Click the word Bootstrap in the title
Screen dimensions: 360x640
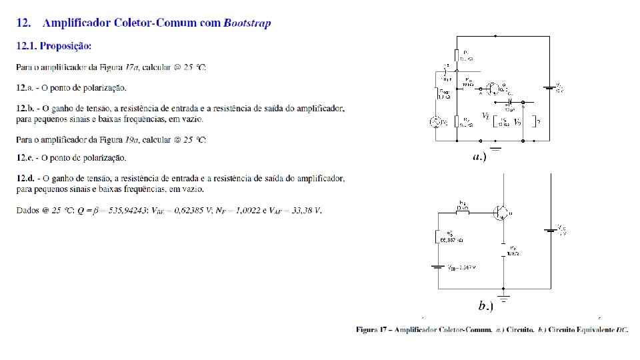[x=247, y=23]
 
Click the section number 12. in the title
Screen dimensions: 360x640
[x=23, y=23]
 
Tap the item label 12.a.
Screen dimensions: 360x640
[x=25, y=88]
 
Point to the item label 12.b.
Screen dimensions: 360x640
[x=25, y=109]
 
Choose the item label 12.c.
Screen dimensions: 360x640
[x=25, y=158]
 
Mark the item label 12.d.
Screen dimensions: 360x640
[x=25, y=179]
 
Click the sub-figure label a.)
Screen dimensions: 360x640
[x=479, y=157]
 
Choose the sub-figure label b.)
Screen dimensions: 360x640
[x=486, y=306]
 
